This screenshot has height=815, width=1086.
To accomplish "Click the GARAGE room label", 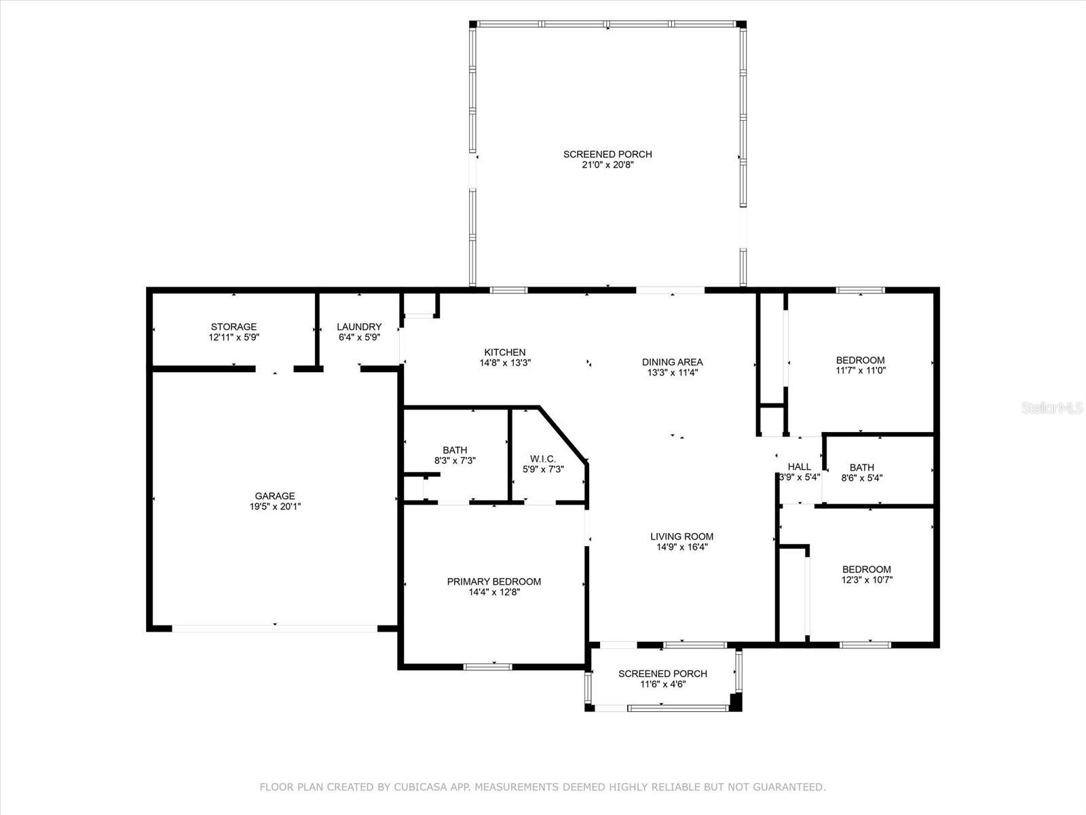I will [275, 496].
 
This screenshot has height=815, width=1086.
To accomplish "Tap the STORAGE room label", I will [233, 327].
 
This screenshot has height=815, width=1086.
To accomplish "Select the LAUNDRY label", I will [359, 327].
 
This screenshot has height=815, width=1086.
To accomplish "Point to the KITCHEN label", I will [504, 352].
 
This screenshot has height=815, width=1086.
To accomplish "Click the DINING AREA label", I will [672, 362].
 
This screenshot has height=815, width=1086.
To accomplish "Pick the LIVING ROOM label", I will [681, 537].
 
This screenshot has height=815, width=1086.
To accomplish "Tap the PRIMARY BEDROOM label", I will [493, 581].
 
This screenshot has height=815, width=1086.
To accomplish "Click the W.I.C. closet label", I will [543, 458].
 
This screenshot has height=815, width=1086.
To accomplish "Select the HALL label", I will [799, 467].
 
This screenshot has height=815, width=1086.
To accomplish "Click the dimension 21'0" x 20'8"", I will [607, 165].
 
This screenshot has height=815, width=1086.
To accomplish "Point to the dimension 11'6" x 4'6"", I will [662, 684].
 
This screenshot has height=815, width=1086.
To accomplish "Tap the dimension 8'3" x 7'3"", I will [455, 460].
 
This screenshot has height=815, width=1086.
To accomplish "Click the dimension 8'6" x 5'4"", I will [861, 477].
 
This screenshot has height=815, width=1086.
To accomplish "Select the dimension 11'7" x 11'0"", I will [860, 371].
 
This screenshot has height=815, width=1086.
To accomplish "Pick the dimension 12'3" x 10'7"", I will [867, 580].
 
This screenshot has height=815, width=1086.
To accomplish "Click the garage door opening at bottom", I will [274, 628].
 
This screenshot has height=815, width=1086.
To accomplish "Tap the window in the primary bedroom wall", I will [488, 666].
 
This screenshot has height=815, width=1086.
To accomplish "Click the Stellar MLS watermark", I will [1052, 408].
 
